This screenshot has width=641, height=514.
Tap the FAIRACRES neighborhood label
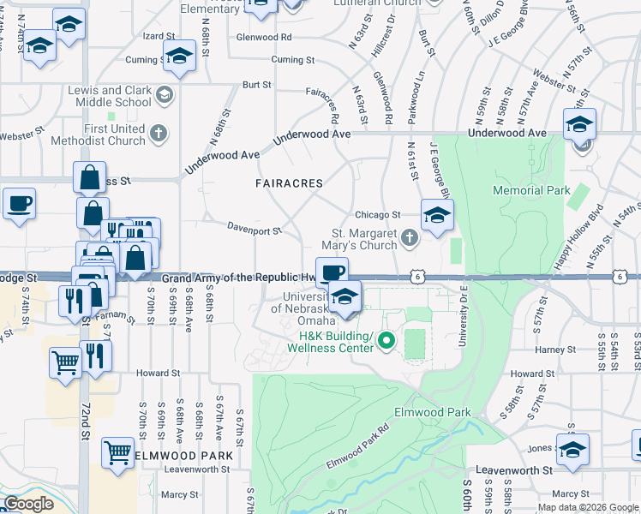tap(289, 183)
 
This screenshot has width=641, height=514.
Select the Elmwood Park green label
tap(433, 412)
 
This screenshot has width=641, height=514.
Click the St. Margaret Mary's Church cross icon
tap(410, 237)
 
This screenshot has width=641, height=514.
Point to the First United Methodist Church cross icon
tap(159, 133)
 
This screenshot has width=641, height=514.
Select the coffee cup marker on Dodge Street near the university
tap(332, 273)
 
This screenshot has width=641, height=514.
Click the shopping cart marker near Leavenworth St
tap(117, 451)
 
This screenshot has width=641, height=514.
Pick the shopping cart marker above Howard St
tap(65, 362)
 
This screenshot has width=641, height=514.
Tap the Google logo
tap(28, 504)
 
